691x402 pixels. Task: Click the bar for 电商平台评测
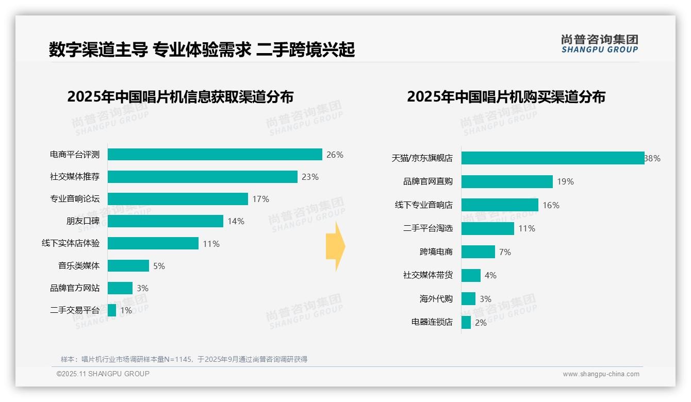point(215,155)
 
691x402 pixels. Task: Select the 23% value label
point(310,177)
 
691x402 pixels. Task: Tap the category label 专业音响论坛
point(75,199)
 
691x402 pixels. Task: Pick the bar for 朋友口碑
point(165,221)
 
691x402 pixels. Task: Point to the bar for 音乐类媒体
point(128,266)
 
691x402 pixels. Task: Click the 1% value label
point(126,310)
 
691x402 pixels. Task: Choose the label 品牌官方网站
point(75,288)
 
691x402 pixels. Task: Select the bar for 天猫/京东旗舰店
point(552,158)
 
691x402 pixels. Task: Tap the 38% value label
point(652,158)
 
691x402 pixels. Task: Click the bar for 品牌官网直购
point(507,181)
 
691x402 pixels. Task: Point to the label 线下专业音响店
point(423,205)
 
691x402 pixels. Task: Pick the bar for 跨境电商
point(478,252)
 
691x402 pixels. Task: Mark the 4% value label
point(490,276)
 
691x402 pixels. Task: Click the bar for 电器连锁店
point(466,323)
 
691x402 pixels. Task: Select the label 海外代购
point(436,299)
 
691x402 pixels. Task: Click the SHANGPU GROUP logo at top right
point(599,44)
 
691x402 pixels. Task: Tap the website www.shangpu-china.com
point(601,374)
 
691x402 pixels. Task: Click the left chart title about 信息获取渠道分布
point(180,97)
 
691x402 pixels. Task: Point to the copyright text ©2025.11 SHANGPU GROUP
point(103,374)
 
